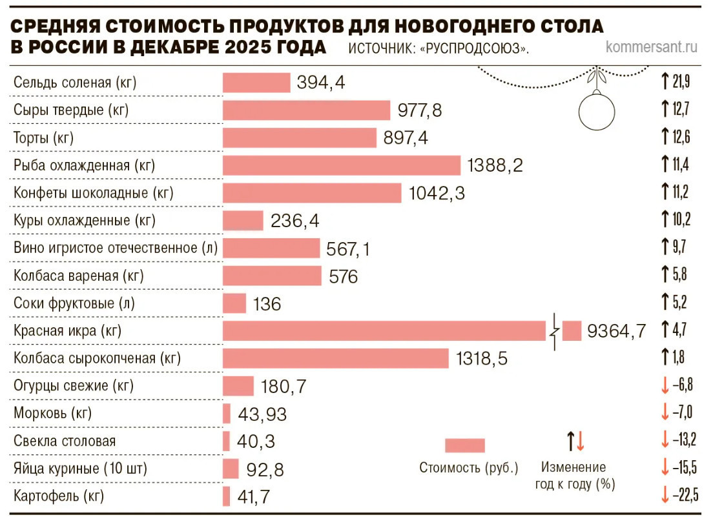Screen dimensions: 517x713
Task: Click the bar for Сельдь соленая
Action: coord(256,83)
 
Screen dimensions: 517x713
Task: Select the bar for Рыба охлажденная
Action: coord(341,165)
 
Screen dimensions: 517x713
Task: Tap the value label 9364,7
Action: coord(616,332)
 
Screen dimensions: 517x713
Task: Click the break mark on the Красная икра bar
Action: coord(554,331)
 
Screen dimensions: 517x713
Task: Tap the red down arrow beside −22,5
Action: coord(664,496)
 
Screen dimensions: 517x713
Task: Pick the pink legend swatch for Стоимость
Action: coord(464,446)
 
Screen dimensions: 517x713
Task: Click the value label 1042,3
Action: coord(437,193)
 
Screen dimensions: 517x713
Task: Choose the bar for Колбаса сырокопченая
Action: coord(335,358)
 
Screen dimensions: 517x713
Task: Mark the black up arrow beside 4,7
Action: coord(664,330)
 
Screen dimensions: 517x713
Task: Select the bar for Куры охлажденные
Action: coord(243,221)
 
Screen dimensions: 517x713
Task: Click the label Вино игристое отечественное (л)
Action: coord(114,248)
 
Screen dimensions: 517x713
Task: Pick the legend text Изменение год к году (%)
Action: coord(573,475)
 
